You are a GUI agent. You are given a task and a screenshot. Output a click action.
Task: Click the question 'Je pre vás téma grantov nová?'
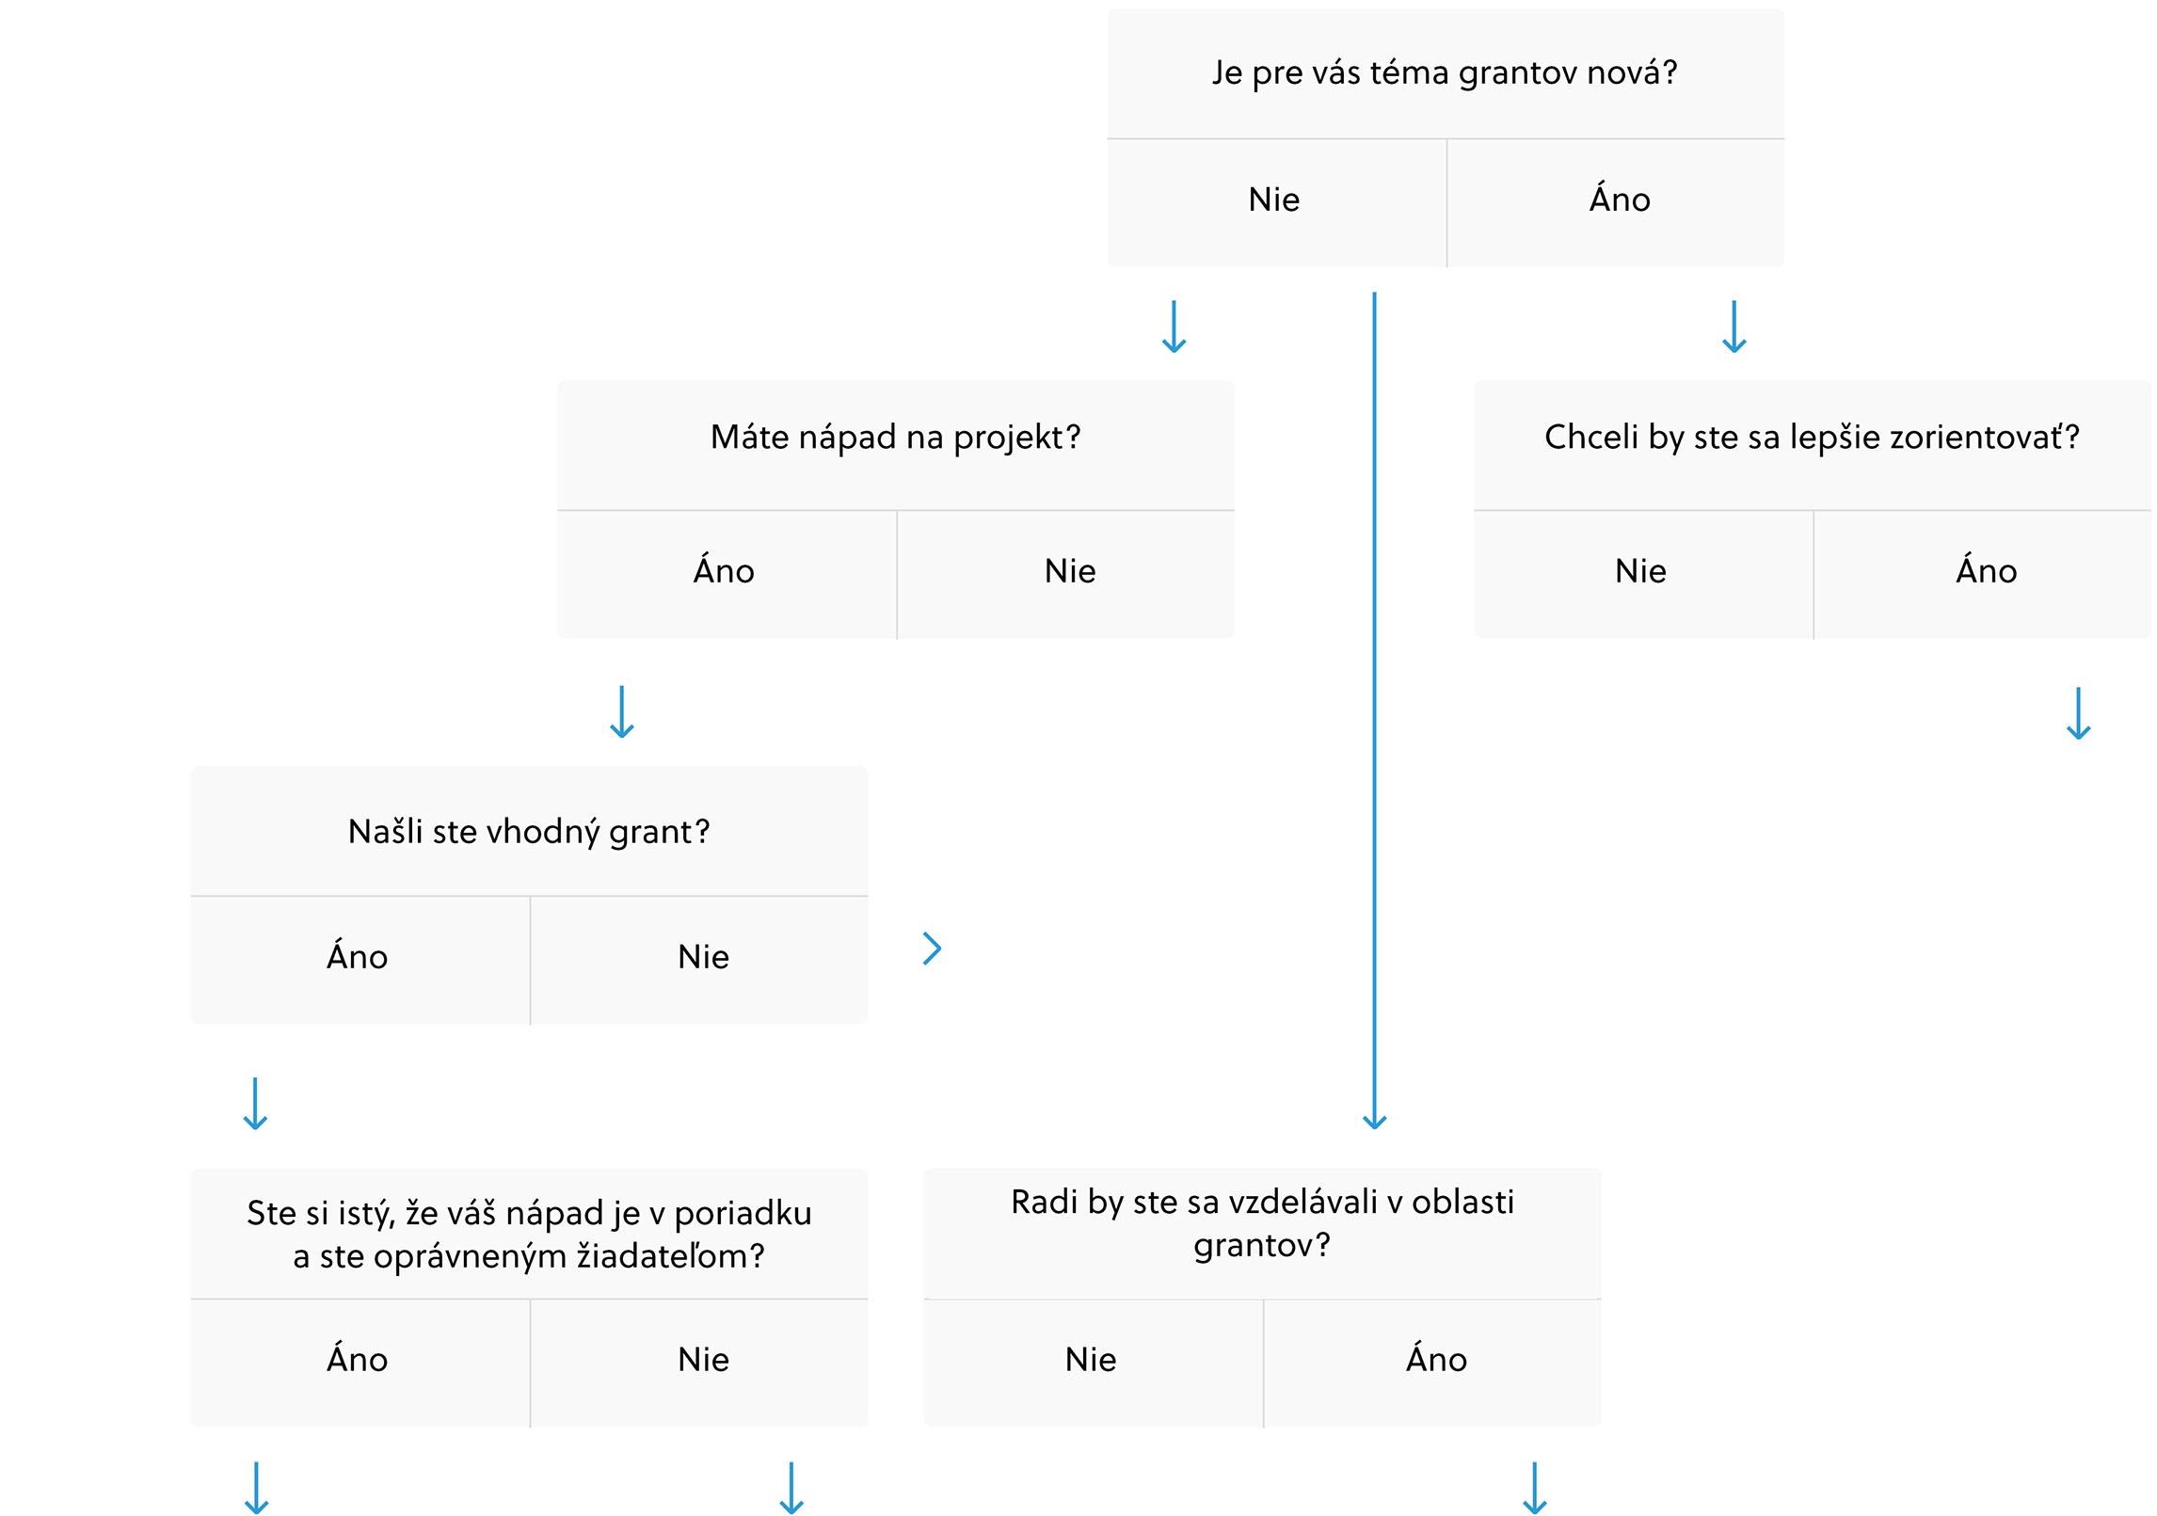pos(1445,72)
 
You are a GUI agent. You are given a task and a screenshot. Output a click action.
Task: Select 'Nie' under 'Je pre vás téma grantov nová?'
pos(1274,199)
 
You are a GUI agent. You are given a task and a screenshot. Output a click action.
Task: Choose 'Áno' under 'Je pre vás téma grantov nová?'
pos(1620,199)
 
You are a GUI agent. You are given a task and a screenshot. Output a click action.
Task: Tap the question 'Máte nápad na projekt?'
pos(895,438)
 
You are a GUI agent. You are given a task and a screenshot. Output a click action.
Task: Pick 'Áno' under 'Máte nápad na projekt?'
pos(724,570)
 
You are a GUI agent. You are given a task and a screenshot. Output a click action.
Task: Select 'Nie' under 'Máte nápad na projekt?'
pos(1070,571)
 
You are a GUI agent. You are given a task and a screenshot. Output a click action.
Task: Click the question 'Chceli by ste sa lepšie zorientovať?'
pos(1812,438)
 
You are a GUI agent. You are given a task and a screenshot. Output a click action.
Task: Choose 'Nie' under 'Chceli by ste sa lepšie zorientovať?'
pos(1640,571)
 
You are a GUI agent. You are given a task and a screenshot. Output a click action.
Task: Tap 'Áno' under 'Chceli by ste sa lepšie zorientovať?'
pos(1987,570)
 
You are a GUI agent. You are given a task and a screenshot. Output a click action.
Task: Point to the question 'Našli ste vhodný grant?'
pos(529,832)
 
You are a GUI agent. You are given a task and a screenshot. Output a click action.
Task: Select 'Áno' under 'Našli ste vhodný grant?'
pos(357,956)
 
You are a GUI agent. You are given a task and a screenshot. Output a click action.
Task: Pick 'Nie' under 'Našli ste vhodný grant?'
pos(703,957)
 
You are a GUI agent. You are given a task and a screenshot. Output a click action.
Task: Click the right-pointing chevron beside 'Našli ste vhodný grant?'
pos(933,949)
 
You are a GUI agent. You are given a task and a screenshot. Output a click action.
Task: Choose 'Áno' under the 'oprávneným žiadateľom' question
pos(357,1359)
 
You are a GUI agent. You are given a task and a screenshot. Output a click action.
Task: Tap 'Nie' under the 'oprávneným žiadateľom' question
pos(703,1360)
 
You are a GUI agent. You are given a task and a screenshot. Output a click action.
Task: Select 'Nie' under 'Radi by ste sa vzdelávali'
pos(1091,1360)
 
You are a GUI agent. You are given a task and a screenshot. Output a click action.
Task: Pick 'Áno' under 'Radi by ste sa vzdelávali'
pos(1436,1359)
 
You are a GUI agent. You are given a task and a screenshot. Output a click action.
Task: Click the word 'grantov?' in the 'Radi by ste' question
pos(1262,1246)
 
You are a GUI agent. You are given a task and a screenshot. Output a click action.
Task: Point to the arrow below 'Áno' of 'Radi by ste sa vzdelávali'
pos(1535,1488)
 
